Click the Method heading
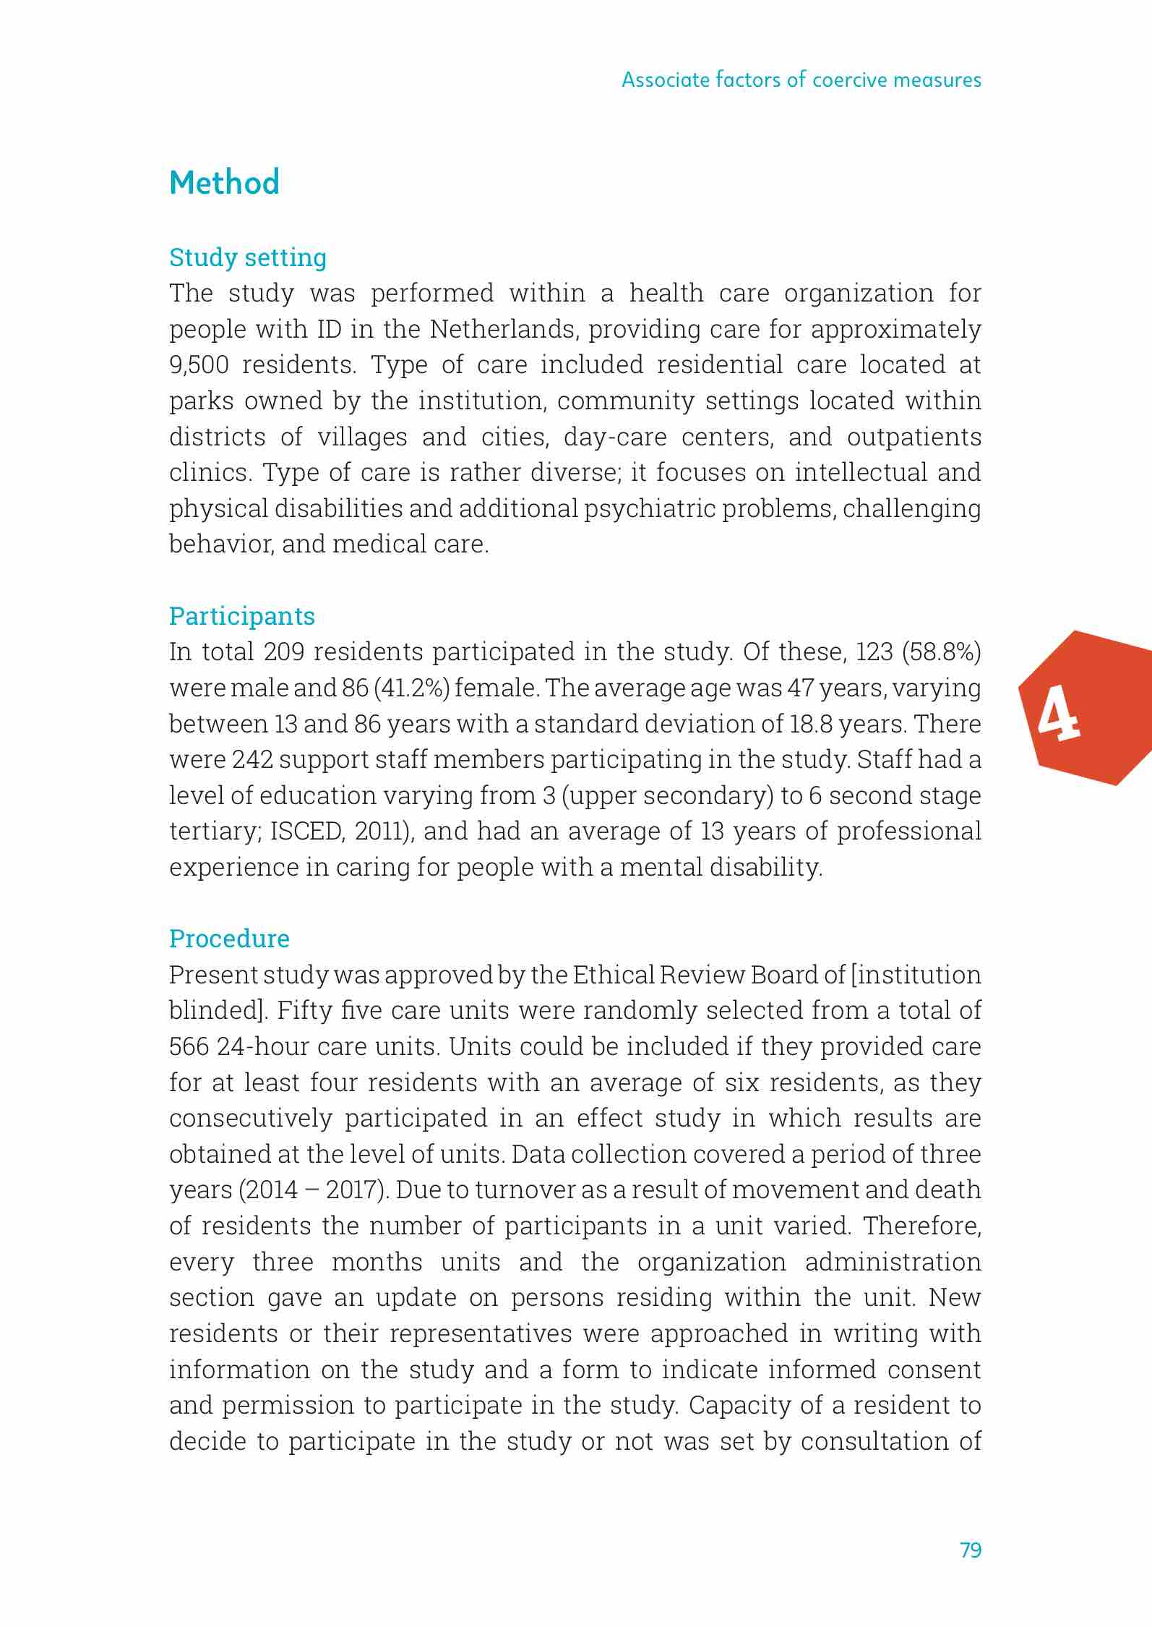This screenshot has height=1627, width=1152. (x=224, y=182)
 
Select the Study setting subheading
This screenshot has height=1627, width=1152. (x=248, y=257)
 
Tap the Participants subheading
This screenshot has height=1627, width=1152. (x=242, y=616)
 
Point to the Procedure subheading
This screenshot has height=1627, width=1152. (x=229, y=939)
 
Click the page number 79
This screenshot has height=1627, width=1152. (x=971, y=1550)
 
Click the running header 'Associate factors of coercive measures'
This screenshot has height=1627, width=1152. (x=801, y=80)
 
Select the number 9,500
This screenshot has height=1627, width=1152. (x=199, y=365)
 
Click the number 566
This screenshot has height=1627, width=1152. (x=189, y=1046)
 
